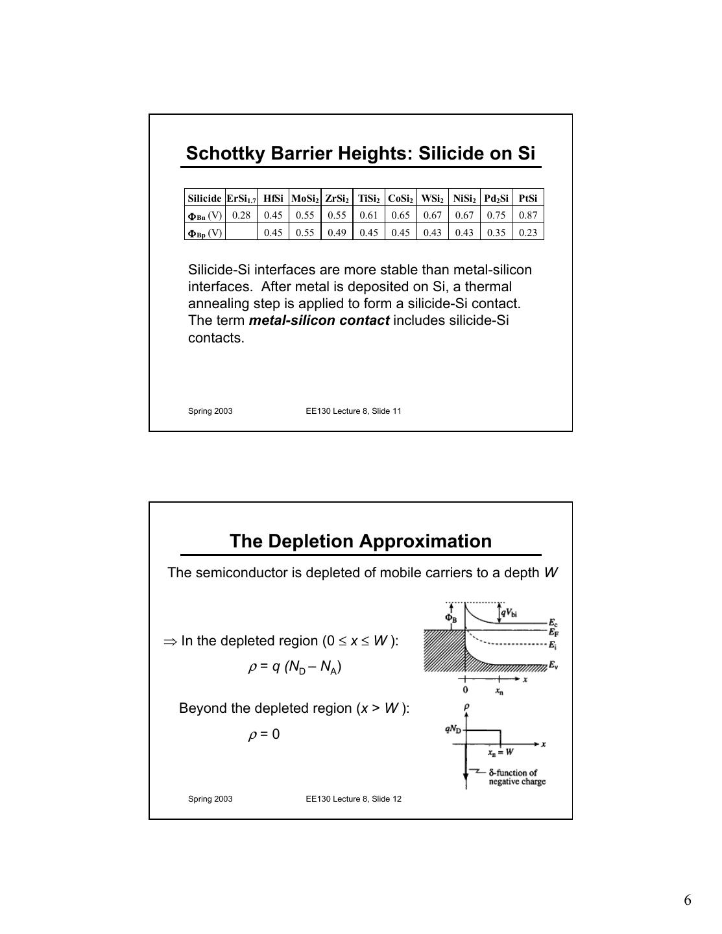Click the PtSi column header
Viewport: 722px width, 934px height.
[x=528, y=198]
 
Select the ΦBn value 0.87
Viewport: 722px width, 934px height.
[x=528, y=215]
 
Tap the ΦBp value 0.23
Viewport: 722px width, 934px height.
[x=528, y=232]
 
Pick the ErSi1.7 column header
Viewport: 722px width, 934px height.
[x=241, y=198]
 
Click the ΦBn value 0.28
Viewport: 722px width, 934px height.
[x=241, y=215]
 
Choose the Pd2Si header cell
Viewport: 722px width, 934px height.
[x=496, y=198]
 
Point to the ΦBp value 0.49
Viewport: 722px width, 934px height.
[x=337, y=232]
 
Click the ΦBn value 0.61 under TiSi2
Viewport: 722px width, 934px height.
[x=368, y=215]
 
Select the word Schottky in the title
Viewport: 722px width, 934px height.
[x=225, y=153]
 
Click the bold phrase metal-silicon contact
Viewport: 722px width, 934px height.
[x=319, y=320]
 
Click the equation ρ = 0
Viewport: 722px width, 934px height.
[x=264, y=734]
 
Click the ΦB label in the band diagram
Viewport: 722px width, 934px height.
[x=451, y=617]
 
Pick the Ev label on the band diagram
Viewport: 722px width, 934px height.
[x=553, y=665]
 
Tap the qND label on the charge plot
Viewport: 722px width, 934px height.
[x=453, y=728]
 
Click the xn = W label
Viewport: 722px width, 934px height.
[x=501, y=752]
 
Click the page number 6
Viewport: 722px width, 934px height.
[x=687, y=900]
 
